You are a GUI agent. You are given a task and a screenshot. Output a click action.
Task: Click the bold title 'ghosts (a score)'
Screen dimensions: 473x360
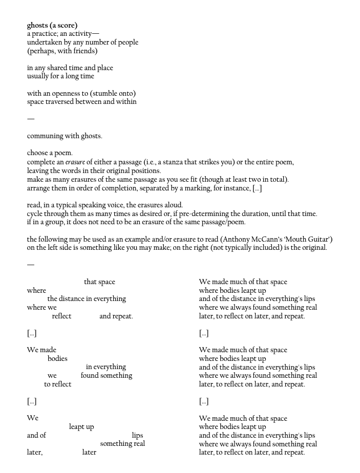point(52,25)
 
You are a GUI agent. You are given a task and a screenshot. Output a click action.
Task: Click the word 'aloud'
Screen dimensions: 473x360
point(173,205)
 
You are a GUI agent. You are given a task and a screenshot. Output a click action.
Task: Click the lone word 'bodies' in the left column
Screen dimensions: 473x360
point(57,358)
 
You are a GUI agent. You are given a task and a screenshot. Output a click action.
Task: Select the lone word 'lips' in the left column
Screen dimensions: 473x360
point(137,435)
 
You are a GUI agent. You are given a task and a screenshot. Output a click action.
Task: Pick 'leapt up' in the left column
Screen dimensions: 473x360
point(81,427)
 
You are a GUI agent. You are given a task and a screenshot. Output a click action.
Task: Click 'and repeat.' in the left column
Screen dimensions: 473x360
point(116,316)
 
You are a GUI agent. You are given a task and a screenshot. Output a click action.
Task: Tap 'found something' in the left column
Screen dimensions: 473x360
point(107,375)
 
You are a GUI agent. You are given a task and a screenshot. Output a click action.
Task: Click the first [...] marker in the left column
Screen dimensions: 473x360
point(32,333)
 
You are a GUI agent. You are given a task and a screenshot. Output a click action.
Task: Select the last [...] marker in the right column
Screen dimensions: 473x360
point(204,401)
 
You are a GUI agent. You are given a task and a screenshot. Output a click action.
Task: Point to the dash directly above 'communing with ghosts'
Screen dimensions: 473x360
point(31,119)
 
